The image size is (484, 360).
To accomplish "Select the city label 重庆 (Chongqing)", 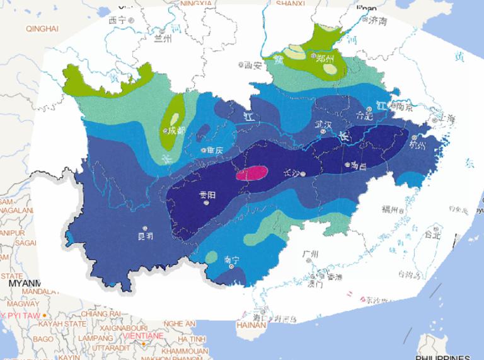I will tap(215, 151).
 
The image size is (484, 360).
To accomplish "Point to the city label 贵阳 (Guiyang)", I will tap(207, 195).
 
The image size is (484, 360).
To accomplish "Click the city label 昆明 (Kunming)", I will tap(144, 236).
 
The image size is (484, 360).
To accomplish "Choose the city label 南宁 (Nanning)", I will tap(231, 259).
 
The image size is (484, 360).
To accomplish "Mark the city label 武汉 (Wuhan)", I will tap(323, 124).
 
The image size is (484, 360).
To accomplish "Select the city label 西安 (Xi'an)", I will tap(252, 64).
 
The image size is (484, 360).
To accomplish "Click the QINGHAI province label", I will tap(42, 28).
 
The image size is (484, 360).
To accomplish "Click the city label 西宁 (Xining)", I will tap(118, 20).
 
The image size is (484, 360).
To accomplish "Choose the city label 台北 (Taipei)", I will tap(433, 235).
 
